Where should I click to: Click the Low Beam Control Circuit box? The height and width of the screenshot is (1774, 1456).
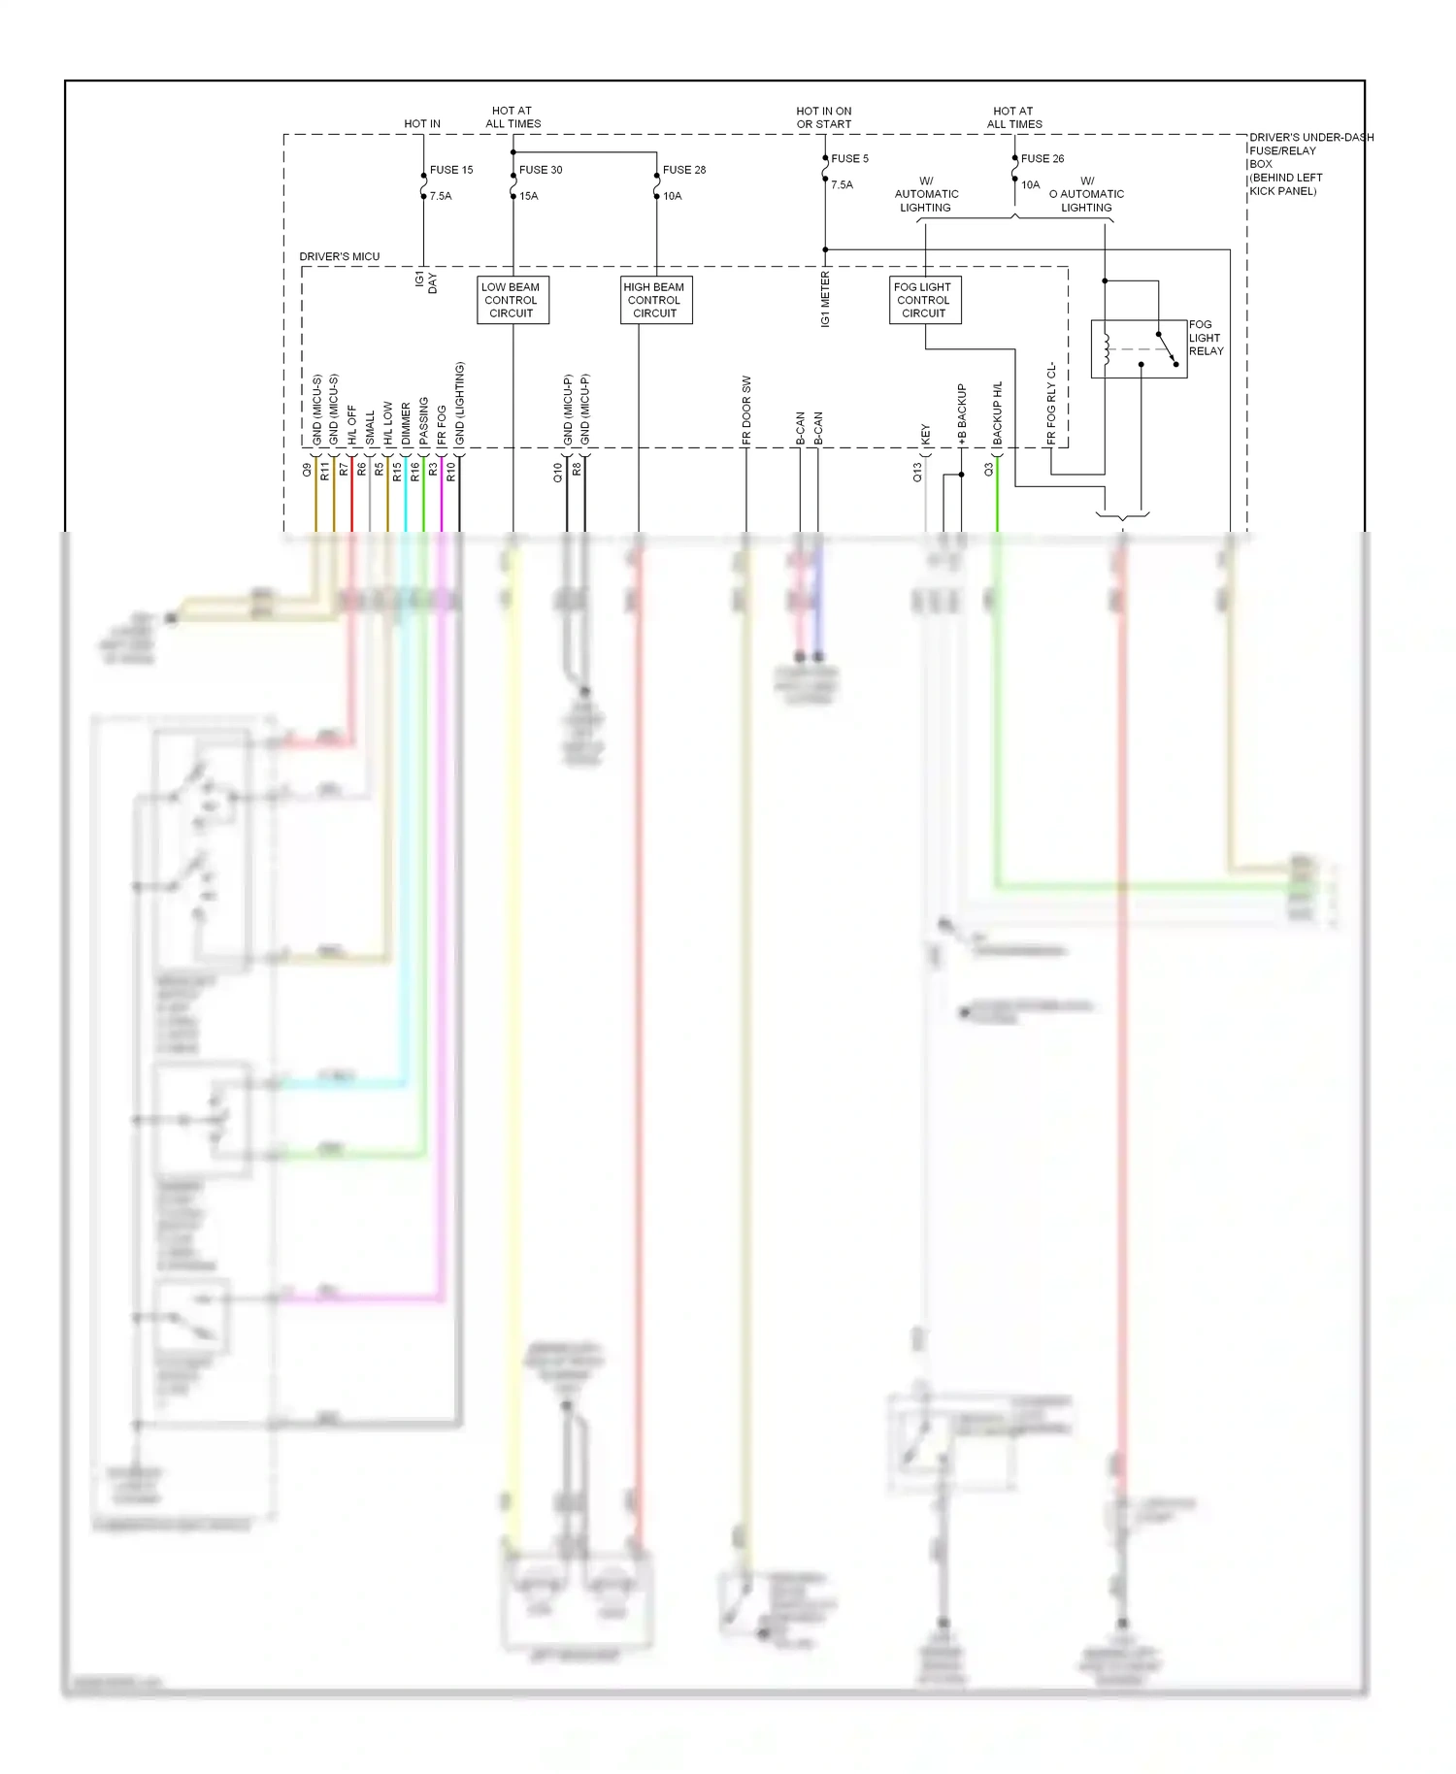pyautogui.click(x=513, y=300)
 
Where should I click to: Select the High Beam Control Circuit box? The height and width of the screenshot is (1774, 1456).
pyautogui.click(x=655, y=300)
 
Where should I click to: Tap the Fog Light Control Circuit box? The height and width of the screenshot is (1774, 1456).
pyautogui.click(x=924, y=300)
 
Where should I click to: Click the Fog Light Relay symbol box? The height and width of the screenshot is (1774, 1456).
pyautogui.click(x=1138, y=348)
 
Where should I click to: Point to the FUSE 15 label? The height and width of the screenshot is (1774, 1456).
pyautogui.click(x=451, y=170)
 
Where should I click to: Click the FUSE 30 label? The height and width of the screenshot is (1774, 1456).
pyautogui.click(x=541, y=170)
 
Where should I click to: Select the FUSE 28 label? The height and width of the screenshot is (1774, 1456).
pyautogui.click(x=684, y=170)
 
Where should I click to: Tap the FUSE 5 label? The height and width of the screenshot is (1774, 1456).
pyautogui.click(x=849, y=158)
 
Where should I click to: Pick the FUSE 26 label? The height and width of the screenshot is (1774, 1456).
pyautogui.click(x=1042, y=158)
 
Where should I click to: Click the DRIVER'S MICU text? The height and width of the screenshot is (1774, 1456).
pyautogui.click(x=340, y=256)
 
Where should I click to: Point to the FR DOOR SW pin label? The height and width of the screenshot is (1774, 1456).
pyautogui.click(x=746, y=411)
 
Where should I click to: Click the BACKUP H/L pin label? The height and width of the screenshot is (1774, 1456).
pyautogui.click(x=997, y=414)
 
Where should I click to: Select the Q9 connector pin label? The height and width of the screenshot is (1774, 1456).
pyautogui.click(x=308, y=470)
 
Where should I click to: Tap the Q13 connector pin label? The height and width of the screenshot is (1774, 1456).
pyautogui.click(x=917, y=473)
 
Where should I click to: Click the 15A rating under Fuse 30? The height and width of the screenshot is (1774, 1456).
pyautogui.click(x=529, y=196)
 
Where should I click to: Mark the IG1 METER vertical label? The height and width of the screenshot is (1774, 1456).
pyautogui.click(x=825, y=299)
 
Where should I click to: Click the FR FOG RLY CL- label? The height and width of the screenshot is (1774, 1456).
pyautogui.click(x=1051, y=405)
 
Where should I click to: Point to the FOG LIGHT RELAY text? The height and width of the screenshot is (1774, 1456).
pyautogui.click(x=1207, y=338)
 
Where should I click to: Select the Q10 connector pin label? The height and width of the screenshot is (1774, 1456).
pyautogui.click(x=558, y=473)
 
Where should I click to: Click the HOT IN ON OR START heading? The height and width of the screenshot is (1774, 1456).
pyautogui.click(x=824, y=117)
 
